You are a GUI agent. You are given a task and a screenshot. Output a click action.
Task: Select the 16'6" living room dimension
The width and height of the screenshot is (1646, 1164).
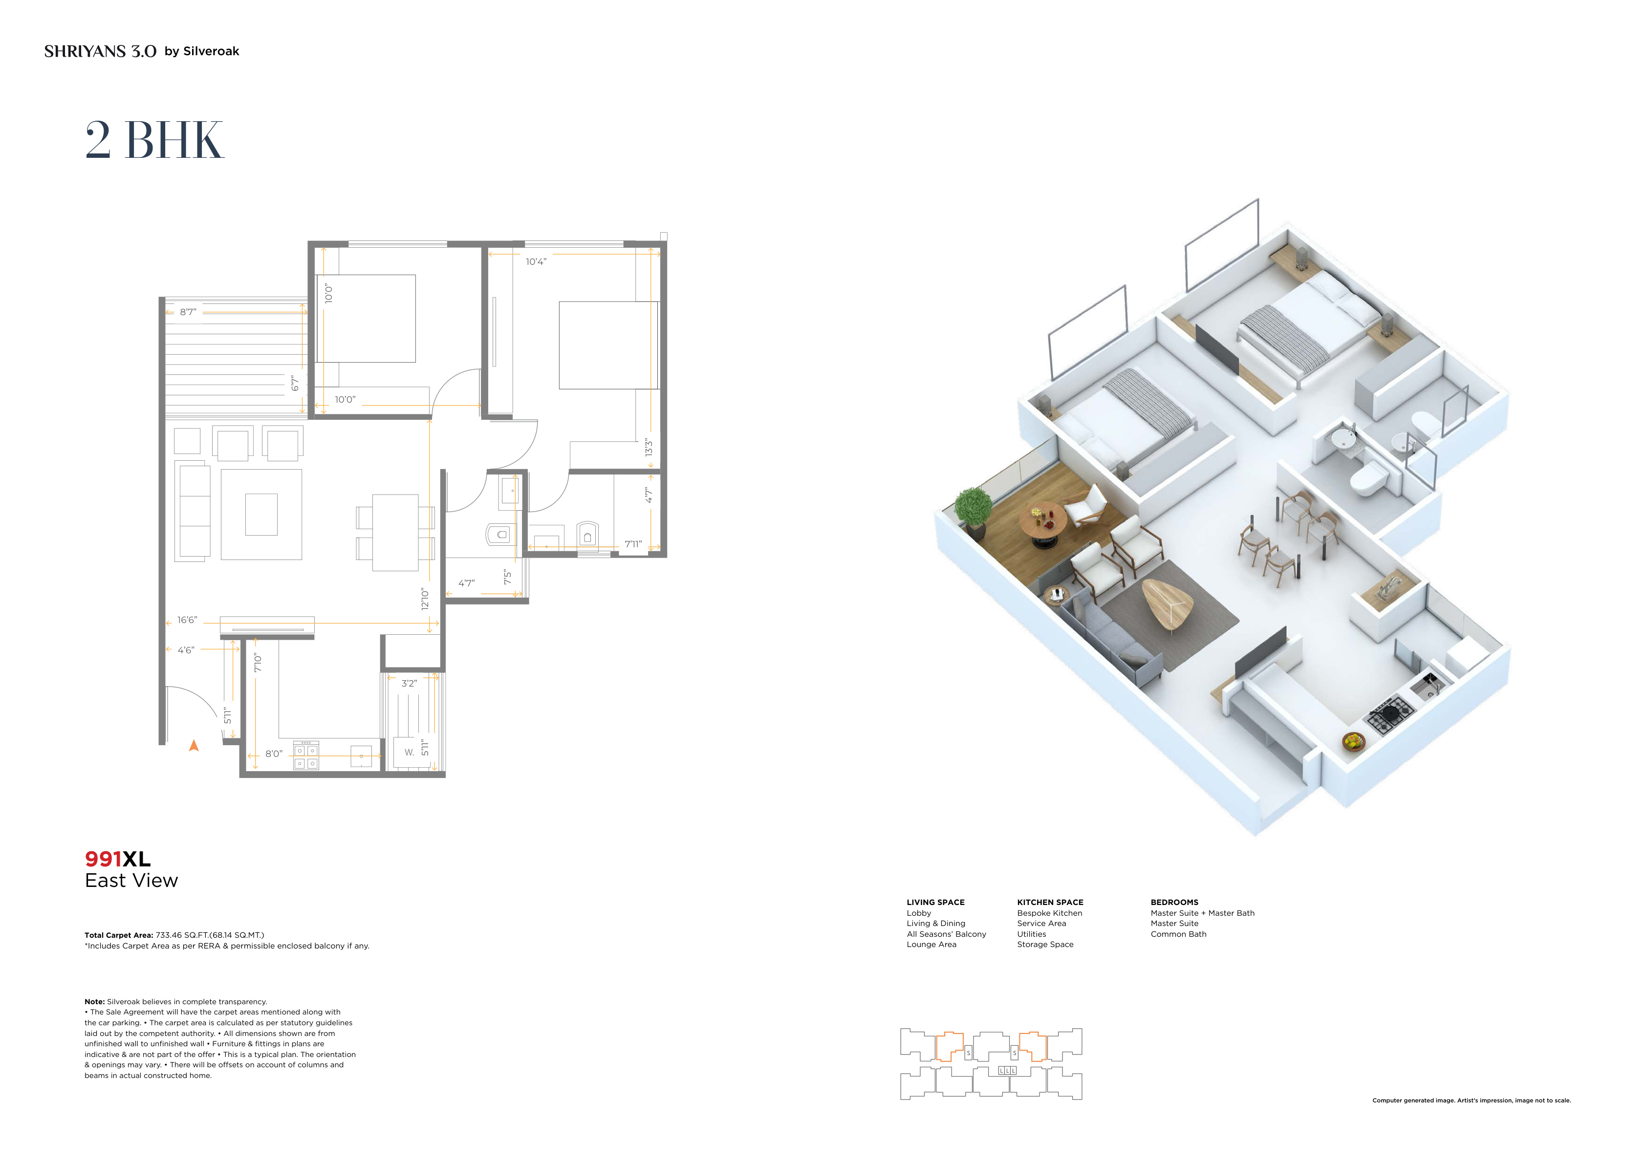(x=187, y=620)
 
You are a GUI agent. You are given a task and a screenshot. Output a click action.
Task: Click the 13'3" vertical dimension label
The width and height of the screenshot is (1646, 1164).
(x=649, y=448)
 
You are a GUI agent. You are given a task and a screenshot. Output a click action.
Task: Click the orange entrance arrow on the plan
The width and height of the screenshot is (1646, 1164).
(x=194, y=745)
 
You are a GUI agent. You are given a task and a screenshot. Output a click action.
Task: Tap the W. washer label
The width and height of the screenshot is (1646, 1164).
(x=410, y=753)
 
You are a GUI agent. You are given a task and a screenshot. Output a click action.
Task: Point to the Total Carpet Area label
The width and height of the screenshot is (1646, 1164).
(x=119, y=935)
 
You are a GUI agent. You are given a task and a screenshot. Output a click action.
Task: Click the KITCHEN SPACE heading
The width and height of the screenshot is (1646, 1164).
(x=1050, y=903)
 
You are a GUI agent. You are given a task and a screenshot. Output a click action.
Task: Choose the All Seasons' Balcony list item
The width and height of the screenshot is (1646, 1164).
(x=946, y=934)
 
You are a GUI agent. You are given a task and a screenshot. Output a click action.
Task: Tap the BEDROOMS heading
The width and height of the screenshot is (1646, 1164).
(x=1174, y=903)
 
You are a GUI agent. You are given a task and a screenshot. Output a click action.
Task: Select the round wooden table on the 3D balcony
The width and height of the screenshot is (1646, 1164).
(x=1043, y=523)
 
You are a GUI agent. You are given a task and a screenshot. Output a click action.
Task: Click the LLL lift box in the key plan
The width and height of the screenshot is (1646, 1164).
(x=1007, y=1071)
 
